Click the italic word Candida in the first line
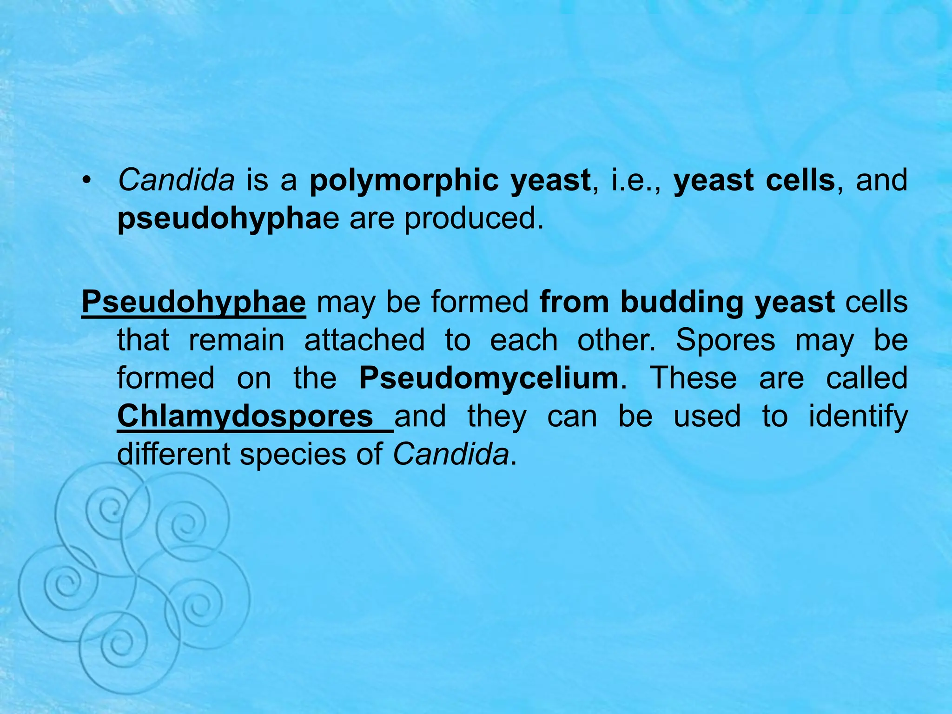pos(176,180)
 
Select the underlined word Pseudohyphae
pos(193,303)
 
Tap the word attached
pos(364,340)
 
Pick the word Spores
pos(725,340)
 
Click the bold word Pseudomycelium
pos(489,378)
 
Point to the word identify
pos(858,416)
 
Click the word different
pos(173,454)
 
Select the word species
pos(293,455)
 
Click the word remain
pos(237,340)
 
